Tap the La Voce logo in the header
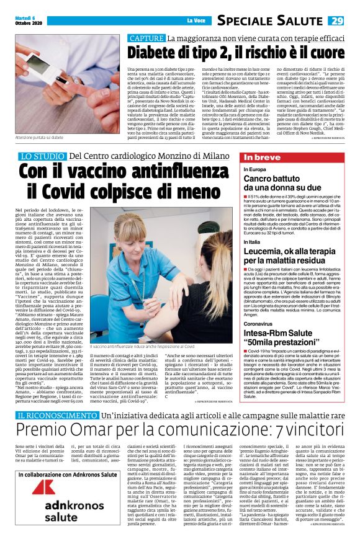[x=196, y=21]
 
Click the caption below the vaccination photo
[x=142, y=345]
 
